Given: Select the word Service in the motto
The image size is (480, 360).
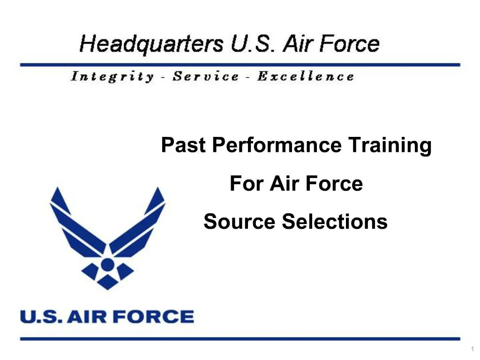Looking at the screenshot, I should [205, 76].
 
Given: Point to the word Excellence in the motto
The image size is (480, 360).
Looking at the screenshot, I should [305, 76].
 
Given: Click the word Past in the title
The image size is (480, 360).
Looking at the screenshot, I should [183, 146].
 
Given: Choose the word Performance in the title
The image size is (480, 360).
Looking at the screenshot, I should [277, 146].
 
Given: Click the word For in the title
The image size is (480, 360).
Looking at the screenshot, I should [247, 184].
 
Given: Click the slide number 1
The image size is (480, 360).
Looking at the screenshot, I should [473, 349].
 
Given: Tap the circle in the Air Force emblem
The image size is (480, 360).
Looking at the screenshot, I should [108, 265].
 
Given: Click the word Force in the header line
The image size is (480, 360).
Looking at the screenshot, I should [346, 45].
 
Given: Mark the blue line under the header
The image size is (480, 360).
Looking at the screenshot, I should [240, 64].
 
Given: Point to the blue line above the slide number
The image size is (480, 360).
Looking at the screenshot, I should [240, 338].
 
